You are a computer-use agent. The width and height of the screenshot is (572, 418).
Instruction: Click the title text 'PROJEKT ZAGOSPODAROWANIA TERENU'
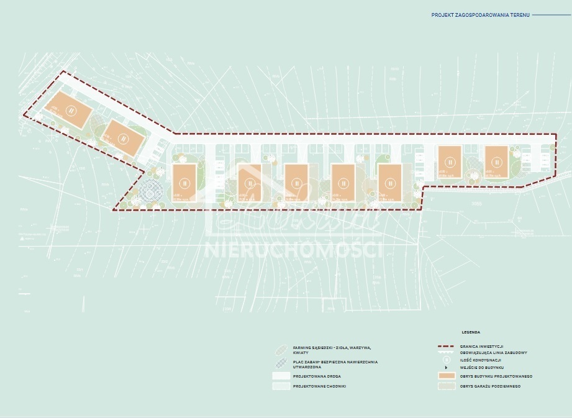pos(480,14)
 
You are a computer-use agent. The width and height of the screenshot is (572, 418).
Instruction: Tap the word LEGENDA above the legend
pos(470,332)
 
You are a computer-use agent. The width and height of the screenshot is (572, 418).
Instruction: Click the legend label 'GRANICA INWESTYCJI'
pos(482,346)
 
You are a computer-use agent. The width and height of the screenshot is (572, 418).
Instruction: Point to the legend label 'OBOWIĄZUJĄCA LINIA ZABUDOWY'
pos(494,353)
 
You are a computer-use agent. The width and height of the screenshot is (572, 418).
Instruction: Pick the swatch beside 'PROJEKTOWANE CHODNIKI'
pos(281,386)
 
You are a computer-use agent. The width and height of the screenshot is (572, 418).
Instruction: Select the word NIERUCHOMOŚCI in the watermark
pos(293,250)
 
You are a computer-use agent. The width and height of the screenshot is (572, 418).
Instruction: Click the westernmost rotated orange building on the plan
pos(71,110)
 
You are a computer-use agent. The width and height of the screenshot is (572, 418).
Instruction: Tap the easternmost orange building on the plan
pos(496,161)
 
